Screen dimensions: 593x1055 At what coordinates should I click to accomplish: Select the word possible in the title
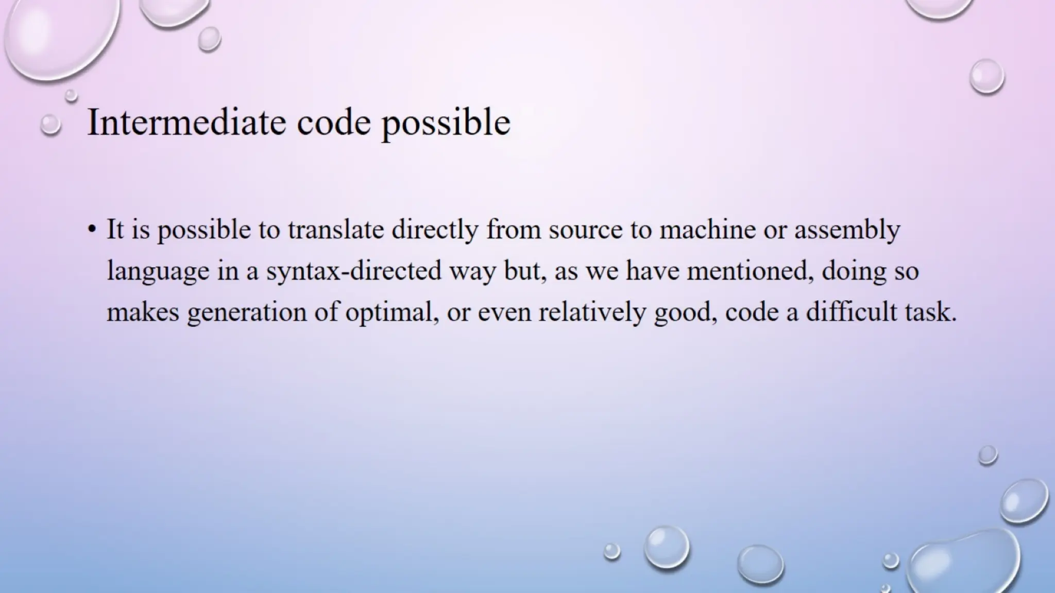tap(446, 124)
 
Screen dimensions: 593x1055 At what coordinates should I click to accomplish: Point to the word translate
tap(335, 229)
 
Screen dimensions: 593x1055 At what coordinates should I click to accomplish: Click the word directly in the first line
tap(435, 230)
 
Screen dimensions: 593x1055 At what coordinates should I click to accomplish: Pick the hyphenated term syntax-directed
tap(353, 272)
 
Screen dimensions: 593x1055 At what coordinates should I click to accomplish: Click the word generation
tap(247, 313)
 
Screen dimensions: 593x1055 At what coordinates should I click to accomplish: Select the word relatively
tap(592, 312)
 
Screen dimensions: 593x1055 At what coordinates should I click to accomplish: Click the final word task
tap(931, 312)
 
